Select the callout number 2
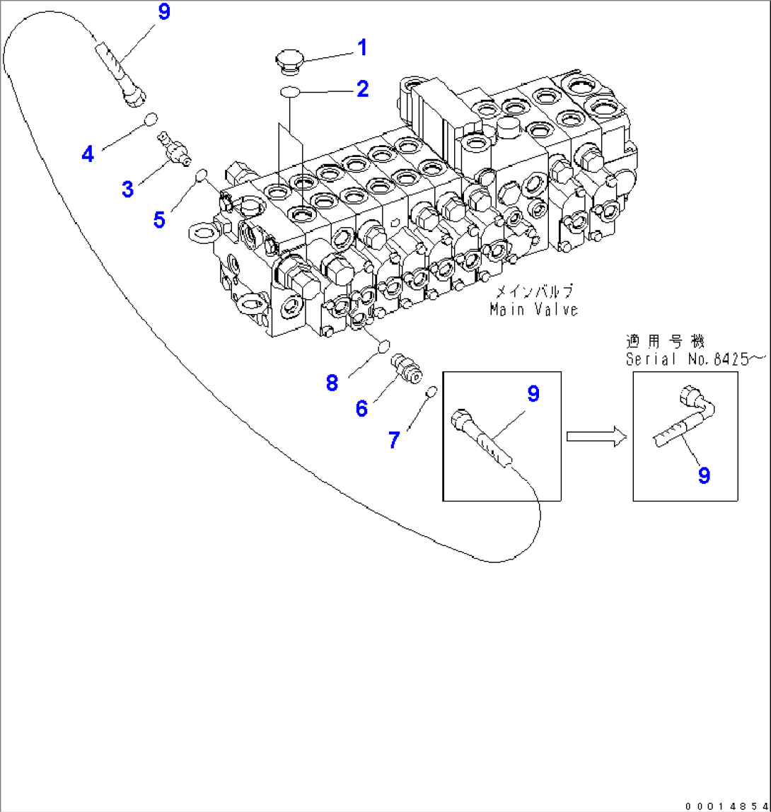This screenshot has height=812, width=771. (x=361, y=89)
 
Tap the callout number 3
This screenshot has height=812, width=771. (x=127, y=189)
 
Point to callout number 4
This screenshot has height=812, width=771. (x=88, y=153)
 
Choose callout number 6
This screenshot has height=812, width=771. (x=361, y=408)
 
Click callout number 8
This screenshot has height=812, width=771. (x=332, y=383)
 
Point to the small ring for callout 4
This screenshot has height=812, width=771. (x=151, y=120)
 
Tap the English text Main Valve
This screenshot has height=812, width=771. (x=534, y=309)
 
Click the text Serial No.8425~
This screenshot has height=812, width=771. (x=695, y=359)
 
